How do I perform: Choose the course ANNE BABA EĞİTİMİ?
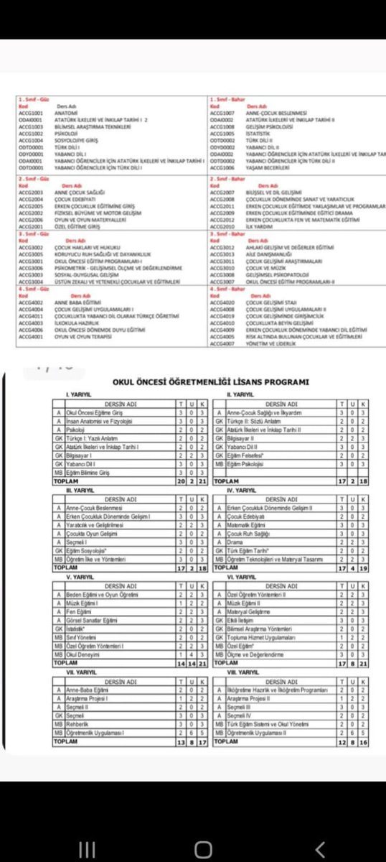pos(74,302)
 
